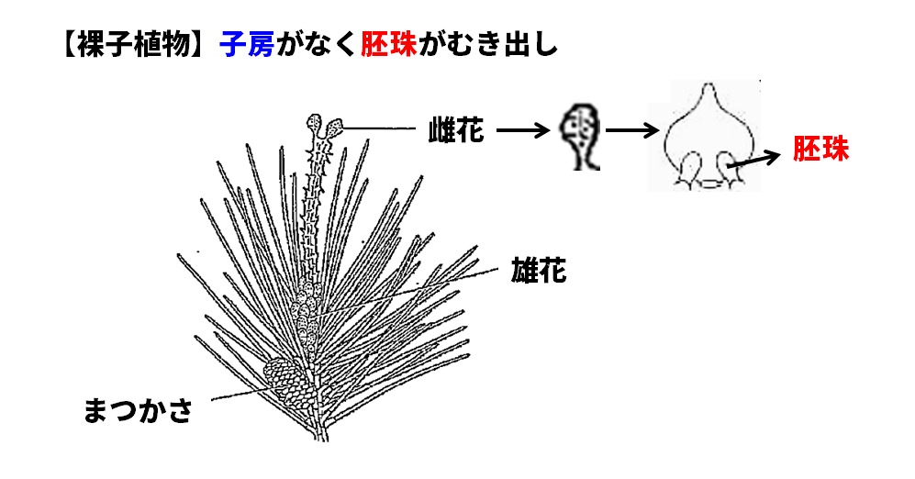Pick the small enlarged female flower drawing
pos(580,135)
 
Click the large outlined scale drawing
pos(710,138)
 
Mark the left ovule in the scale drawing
pos(689,172)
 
